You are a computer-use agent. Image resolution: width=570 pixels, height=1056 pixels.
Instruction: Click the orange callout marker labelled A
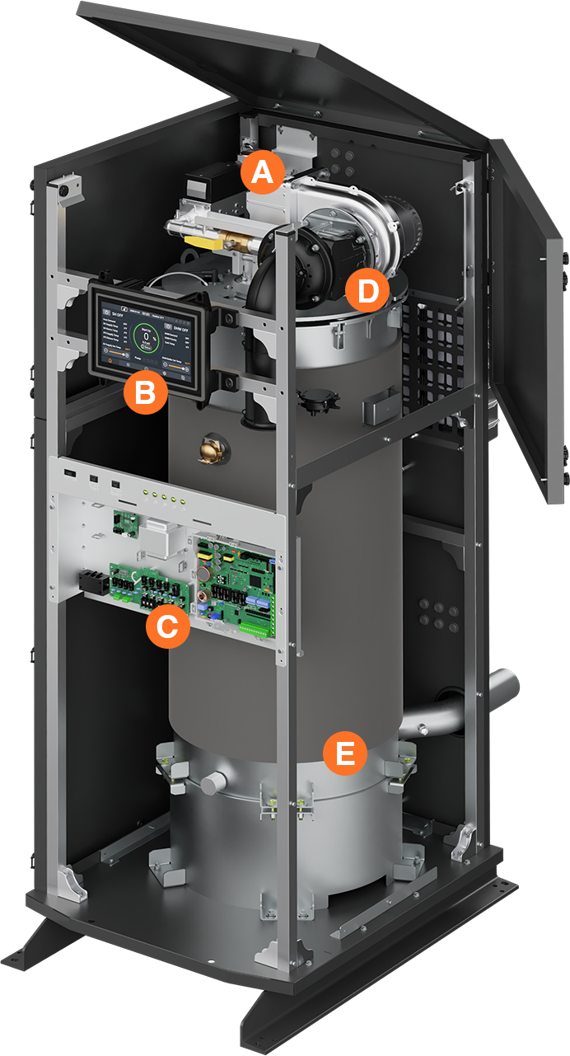(x=262, y=173)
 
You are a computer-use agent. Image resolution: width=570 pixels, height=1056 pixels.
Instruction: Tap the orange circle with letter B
(x=145, y=392)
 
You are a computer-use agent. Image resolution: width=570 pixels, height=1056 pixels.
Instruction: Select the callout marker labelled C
(x=166, y=627)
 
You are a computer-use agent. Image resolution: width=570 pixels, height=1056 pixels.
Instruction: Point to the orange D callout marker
(x=367, y=290)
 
